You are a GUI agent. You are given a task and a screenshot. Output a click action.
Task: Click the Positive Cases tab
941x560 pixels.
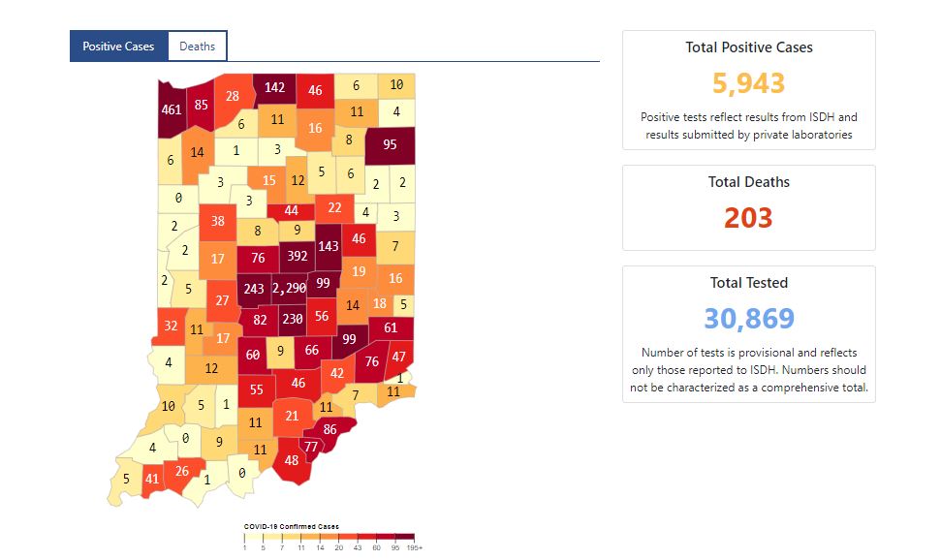(118, 47)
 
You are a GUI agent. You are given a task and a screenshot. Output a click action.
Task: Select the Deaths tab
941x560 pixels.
(197, 47)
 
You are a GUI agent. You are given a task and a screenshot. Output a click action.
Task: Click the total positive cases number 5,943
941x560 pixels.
(748, 83)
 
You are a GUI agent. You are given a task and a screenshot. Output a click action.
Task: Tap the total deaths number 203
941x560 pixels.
(748, 217)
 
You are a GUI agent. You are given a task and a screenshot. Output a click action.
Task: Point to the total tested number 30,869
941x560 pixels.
(748, 318)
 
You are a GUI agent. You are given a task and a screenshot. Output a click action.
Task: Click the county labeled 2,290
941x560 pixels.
(290, 289)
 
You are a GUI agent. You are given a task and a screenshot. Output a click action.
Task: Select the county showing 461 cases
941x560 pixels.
(172, 109)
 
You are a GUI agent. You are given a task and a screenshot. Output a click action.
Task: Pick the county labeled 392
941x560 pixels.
(297, 257)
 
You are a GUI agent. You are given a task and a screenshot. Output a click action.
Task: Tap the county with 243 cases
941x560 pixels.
(254, 289)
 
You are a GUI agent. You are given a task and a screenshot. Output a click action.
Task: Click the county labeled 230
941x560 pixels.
(292, 320)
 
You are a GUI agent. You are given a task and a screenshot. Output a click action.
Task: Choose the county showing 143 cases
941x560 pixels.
(329, 247)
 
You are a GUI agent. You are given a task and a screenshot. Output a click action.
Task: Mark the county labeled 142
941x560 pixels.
(275, 88)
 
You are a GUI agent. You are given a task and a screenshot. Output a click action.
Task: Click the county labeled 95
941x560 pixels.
(390, 145)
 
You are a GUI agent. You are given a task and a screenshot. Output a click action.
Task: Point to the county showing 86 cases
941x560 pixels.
(330, 428)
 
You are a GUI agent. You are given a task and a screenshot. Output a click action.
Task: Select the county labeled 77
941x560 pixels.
(311, 446)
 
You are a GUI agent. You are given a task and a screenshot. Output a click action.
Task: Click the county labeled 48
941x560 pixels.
(292, 461)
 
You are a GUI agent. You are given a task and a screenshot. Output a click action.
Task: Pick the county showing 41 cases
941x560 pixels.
(152, 478)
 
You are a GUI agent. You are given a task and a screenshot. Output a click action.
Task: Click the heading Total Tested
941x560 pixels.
(748, 283)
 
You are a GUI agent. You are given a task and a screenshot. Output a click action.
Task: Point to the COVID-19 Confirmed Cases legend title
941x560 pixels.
(291, 527)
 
